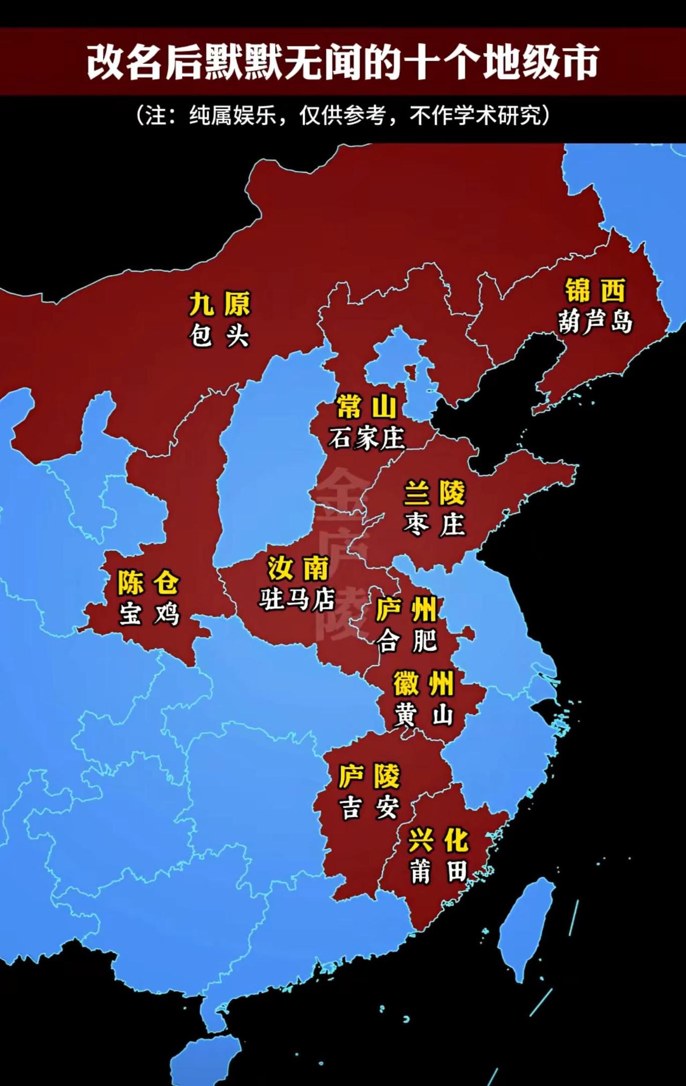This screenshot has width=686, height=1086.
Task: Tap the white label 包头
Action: tap(219, 336)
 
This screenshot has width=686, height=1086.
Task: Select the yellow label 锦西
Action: tap(595, 290)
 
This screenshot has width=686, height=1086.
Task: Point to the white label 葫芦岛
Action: tap(595, 322)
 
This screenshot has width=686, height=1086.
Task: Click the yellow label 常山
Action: tap(367, 407)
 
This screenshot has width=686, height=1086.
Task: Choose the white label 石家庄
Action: tap(367, 439)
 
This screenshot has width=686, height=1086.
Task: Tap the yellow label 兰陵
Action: tap(435, 493)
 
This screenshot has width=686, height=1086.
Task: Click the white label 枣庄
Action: tap(435, 524)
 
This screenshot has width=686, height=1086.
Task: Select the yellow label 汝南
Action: tap(298, 568)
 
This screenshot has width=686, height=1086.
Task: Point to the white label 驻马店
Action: tap(297, 599)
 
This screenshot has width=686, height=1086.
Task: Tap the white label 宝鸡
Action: tap(149, 614)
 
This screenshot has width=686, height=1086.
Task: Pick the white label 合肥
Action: tap(407, 641)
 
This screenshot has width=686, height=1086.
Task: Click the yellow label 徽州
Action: tap(423, 683)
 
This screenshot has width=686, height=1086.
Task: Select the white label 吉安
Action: tap(369, 808)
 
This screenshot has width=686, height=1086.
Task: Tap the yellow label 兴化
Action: tap(438, 840)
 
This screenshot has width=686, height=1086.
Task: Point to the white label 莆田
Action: tap(438, 872)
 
